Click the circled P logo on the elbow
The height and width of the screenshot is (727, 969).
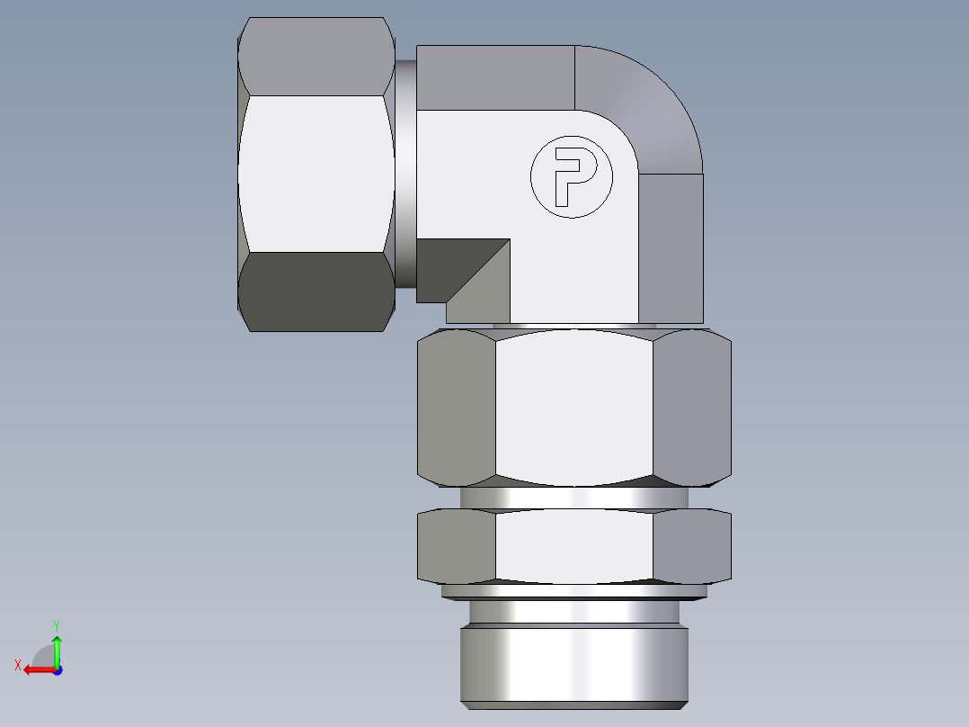pyautogui.click(x=570, y=177)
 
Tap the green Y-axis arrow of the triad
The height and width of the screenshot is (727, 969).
pyautogui.click(x=57, y=646)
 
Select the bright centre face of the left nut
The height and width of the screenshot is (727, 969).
pyautogui.click(x=316, y=174)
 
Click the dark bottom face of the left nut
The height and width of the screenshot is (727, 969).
pyautogui.click(x=316, y=292)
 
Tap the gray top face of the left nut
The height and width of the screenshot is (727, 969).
pyautogui.click(x=316, y=56)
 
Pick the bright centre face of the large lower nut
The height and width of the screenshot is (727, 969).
pyautogui.click(x=573, y=407)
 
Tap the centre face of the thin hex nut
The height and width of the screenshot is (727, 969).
pyautogui.click(x=573, y=545)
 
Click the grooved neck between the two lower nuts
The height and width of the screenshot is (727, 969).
pyautogui.click(x=573, y=498)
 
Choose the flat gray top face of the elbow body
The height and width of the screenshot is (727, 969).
pyautogui.click(x=494, y=77)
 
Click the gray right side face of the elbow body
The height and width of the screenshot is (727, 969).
pyautogui.click(x=671, y=247)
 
